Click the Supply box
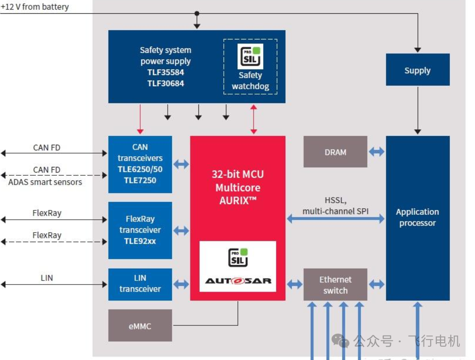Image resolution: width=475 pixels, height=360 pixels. coord(417,70)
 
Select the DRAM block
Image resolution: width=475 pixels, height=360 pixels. coord(335,152)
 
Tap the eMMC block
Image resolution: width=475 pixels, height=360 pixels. coord(140,326)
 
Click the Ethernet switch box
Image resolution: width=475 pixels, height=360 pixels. coord(335,285)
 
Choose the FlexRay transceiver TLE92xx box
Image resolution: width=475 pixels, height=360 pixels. coord(140,230)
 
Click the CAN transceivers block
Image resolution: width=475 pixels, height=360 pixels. coord(140,164)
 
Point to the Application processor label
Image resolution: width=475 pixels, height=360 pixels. coord(417,218)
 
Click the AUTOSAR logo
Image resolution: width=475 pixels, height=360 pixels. coord(238,281)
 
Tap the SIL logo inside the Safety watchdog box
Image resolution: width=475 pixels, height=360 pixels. coord(250,56)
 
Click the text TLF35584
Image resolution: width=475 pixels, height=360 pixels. coord(166,72)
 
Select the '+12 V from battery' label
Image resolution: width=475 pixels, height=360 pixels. coord(35,7)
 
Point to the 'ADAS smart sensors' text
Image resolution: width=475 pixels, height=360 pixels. coord(45,182)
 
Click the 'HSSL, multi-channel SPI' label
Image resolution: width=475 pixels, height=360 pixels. coord(335,206)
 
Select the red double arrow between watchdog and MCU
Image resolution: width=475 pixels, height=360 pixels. coord(253,119)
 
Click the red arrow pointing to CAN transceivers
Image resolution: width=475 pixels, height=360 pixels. coord(140,119)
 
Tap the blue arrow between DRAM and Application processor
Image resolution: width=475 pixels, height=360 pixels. coord(376,152)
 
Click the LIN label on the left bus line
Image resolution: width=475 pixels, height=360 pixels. coord(47,278)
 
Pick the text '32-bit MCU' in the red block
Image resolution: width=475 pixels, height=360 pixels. coord(237,174)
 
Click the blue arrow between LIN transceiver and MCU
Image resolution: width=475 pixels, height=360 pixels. coord(181,284)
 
